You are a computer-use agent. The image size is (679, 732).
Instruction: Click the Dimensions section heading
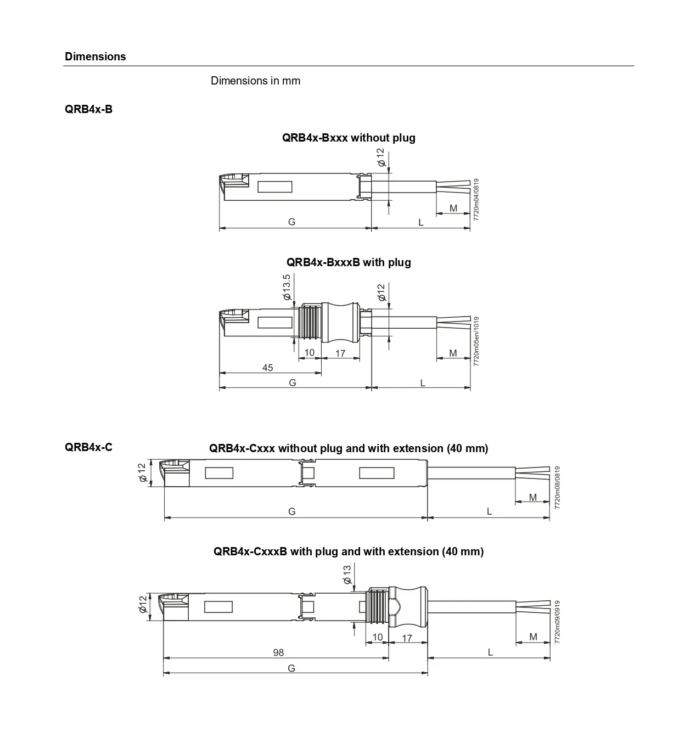click(x=95, y=57)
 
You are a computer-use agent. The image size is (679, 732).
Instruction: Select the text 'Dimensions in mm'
click(x=255, y=81)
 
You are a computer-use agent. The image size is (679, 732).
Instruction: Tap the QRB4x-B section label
click(x=88, y=109)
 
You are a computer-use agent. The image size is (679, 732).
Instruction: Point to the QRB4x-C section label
click(x=88, y=447)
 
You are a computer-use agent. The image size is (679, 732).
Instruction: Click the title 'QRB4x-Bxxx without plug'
click(x=349, y=138)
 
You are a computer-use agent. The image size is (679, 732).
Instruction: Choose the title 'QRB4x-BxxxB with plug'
click(x=349, y=262)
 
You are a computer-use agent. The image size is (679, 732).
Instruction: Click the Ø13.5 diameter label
click(x=287, y=287)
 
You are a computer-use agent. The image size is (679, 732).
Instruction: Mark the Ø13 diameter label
click(x=347, y=575)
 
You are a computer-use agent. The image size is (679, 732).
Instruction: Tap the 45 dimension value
click(x=267, y=368)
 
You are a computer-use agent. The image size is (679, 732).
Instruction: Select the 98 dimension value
click(x=278, y=652)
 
